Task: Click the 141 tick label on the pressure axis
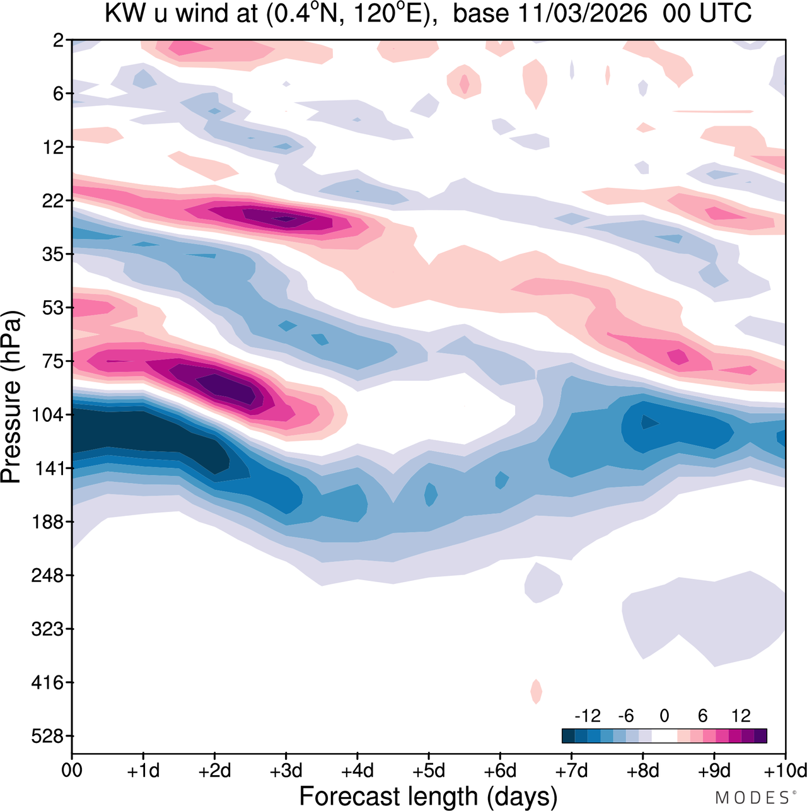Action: pos(47,469)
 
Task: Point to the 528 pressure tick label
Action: pos(47,736)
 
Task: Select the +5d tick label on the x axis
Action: pos(429,771)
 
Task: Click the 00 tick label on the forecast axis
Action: pos(72,771)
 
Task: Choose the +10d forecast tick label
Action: pos(785,771)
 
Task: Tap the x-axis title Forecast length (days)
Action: pos(428,796)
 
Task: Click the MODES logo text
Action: pos(752,798)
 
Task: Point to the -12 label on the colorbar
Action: pos(587,716)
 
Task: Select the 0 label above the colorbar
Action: pos(664,716)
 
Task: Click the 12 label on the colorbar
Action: pos(741,716)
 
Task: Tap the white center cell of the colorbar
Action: pos(664,735)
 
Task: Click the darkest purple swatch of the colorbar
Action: pos(760,735)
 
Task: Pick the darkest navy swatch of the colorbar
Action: pos(568,735)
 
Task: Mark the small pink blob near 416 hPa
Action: pos(536,691)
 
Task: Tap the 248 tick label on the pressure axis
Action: pos(47,576)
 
